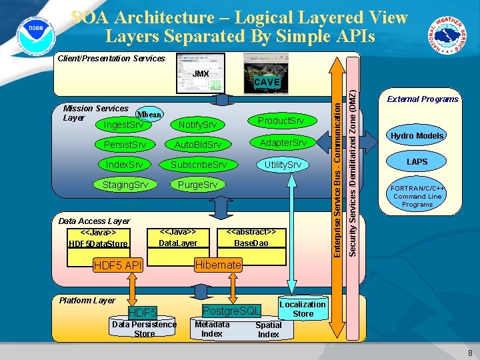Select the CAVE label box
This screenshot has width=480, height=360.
coord(267,82)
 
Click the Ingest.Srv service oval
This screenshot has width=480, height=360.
coord(123,125)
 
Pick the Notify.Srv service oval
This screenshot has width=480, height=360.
coord(197,125)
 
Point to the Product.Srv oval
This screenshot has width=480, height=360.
coord(280,121)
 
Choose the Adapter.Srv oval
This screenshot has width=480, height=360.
coord(283,143)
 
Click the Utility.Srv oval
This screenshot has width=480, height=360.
coord(283,165)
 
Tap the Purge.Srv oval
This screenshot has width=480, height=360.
coord(197,185)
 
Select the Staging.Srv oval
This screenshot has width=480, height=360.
coord(125,185)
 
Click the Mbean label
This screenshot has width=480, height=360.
coord(149,115)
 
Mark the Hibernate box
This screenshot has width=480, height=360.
coord(217,265)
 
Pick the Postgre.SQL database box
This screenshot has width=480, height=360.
coord(231,311)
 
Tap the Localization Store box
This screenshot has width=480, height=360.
coord(303,309)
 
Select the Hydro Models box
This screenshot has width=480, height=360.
coord(417,136)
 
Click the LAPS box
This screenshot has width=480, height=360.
coord(417,162)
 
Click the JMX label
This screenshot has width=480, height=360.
coord(201,74)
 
